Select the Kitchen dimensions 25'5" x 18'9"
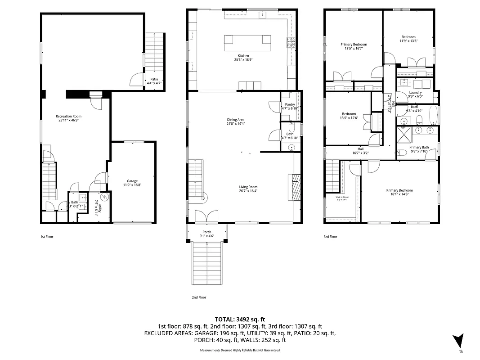(x=243, y=60)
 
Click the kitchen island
(x=248, y=44)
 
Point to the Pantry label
(x=290, y=105)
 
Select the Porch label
(x=207, y=232)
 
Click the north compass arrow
(x=458, y=340)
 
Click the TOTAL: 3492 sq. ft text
(x=239, y=319)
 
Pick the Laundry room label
(x=415, y=93)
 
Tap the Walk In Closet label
(x=342, y=197)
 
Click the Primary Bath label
(x=419, y=148)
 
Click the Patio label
(x=154, y=79)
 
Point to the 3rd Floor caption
(x=330, y=236)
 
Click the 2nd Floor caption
(x=198, y=297)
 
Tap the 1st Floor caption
(x=47, y=236)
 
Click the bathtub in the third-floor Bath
(x=433, y=116)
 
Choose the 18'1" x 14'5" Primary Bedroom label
(x=399, y=190)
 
